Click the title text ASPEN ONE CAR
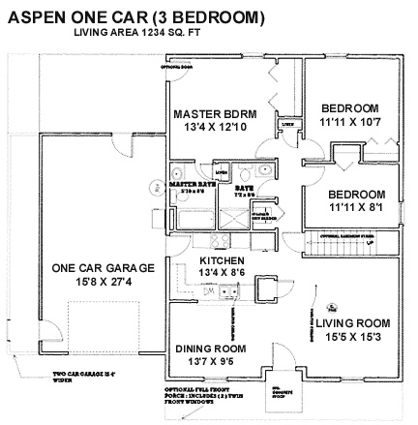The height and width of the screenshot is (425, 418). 135,16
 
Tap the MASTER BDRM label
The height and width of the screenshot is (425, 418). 215,114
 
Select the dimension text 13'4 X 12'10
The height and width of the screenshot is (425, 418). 215,128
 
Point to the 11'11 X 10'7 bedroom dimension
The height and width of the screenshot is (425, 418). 350,122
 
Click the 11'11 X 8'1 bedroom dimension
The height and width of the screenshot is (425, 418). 356,207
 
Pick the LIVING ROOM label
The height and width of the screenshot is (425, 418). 352,322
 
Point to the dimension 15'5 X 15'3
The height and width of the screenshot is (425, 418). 352,336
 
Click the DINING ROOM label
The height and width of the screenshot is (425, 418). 210,349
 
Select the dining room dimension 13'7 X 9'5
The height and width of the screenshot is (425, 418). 210,362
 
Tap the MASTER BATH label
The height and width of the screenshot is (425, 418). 192,183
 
